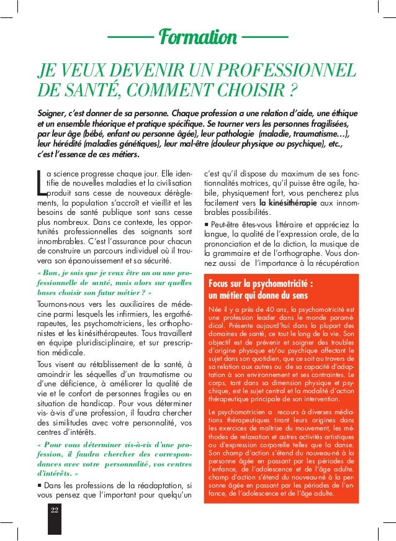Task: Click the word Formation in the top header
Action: (x=199, y=37)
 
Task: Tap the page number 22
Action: (x=55, y=511)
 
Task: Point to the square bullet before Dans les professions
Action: (x=40, y=484)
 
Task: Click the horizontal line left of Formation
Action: (x=130, y=38)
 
